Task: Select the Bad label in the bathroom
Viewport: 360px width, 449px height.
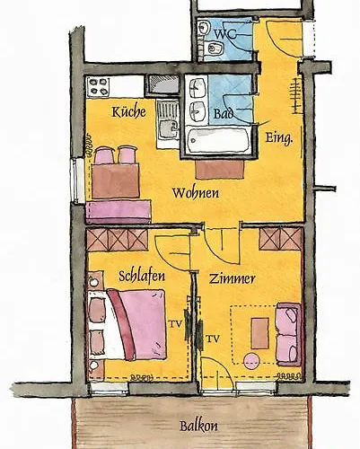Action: click(x=224, y=114)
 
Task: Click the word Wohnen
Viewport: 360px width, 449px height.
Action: click(x=193, y=192)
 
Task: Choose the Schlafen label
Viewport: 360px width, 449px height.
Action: click(x=141, y=277)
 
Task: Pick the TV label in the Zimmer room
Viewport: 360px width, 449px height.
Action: click(x=213, y=339)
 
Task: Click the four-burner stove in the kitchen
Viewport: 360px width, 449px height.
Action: click(x=98, y=87)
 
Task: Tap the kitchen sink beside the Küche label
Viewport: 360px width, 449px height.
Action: click(x=167, y=123)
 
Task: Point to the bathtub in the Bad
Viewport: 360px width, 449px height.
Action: click(x=217, y=141)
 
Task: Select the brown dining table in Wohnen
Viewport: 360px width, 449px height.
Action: click(x=116, y=180)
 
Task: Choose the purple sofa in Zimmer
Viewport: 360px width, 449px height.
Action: click(x=287, y=334)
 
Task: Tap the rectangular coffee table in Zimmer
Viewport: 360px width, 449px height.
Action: click(x=259, y=332)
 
